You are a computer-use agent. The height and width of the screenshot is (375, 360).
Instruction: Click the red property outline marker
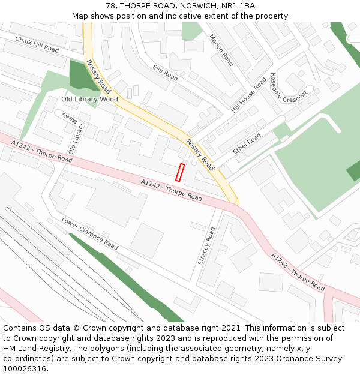tap(179, 172)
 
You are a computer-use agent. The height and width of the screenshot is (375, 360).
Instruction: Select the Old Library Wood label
tap(89, 99)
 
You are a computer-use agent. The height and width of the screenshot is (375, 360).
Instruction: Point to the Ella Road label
tap(166, 73)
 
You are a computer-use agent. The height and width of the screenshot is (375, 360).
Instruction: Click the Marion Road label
tap(221, 50)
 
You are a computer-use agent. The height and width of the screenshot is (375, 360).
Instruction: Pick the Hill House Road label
tap(249, 95)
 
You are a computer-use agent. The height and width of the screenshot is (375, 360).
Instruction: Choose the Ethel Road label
tap(247, 144)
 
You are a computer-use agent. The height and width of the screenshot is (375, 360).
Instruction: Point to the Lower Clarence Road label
tap(90, 233)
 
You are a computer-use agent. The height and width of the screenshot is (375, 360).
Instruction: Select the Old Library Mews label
tap(74, 135)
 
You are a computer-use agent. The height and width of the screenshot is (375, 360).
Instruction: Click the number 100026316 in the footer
tap(24, 368)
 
